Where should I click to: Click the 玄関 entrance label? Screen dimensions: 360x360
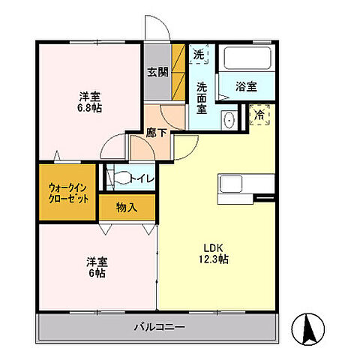157,73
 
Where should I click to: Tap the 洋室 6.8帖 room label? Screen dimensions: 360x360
91,102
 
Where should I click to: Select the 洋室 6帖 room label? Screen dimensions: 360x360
95,268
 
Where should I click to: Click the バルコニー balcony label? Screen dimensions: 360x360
160,326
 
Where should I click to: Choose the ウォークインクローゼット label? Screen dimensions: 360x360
67,193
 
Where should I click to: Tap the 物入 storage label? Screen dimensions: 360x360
127,207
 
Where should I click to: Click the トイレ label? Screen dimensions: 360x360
142,178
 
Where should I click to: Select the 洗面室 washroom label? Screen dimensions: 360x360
202,97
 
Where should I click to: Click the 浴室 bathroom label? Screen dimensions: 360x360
247,86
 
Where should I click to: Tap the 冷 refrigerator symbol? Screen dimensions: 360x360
259,115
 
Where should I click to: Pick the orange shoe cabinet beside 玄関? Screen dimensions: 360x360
179,71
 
